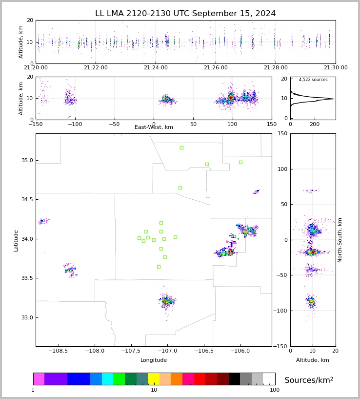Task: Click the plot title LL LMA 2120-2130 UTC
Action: (185, 14)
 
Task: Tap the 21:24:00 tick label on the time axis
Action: (156, 68)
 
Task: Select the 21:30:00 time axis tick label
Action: (336, 68)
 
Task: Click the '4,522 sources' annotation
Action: (313, 80)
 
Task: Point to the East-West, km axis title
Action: (154, 127)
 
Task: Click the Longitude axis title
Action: (154, 360)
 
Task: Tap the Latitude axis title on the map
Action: (16, 240)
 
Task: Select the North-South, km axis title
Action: (340, 240)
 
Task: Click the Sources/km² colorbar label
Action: (309, 380)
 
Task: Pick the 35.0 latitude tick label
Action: (26, 160)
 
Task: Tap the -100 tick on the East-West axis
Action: (75, 124)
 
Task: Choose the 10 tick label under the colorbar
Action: (154, 390)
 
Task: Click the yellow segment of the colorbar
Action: (154, 379)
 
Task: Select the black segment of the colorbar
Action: (234, 379)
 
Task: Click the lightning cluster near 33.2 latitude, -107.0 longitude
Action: (166, 302)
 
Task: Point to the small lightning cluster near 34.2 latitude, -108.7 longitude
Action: (43, 221)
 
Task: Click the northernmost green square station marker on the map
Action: (181, 147)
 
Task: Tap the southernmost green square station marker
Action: (159, 267)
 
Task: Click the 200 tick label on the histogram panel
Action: (315, 124)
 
